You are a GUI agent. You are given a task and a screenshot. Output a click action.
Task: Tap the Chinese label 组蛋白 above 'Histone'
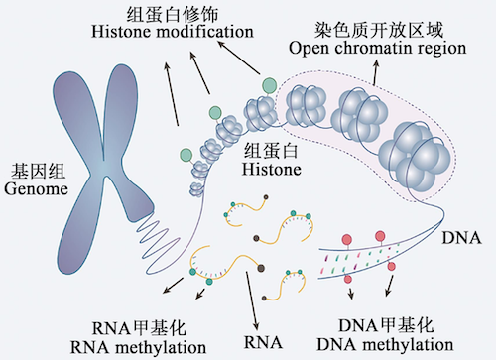tap(267, 150)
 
